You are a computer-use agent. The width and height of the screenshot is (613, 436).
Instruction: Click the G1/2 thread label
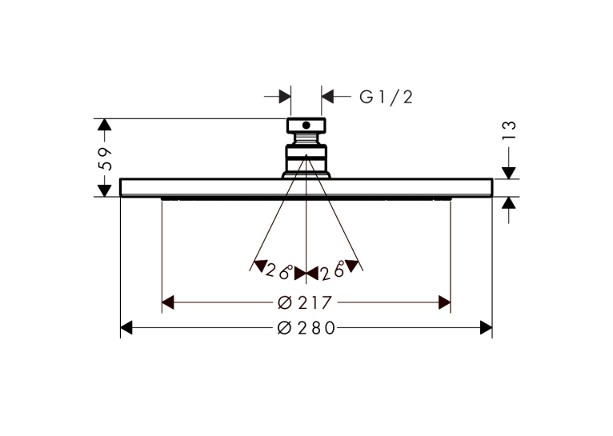pos(386,97)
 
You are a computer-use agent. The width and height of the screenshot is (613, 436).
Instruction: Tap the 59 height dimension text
pos(105,159)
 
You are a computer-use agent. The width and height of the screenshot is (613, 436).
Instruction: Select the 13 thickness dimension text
pos(509,130)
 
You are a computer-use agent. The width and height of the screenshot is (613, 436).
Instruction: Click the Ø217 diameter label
pos(305,302)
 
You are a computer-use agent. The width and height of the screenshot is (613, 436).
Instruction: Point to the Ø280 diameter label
pos(306,328)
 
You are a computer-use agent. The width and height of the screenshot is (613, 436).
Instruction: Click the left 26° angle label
pos(278,270)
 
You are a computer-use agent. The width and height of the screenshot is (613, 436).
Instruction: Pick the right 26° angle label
pos(332,270)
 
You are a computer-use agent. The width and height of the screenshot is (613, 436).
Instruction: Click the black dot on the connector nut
pos(306,126)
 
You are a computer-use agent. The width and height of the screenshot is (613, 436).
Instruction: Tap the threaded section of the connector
pos(306,138)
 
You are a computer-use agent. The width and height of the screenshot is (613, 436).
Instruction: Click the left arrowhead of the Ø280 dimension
pos(126,328)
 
